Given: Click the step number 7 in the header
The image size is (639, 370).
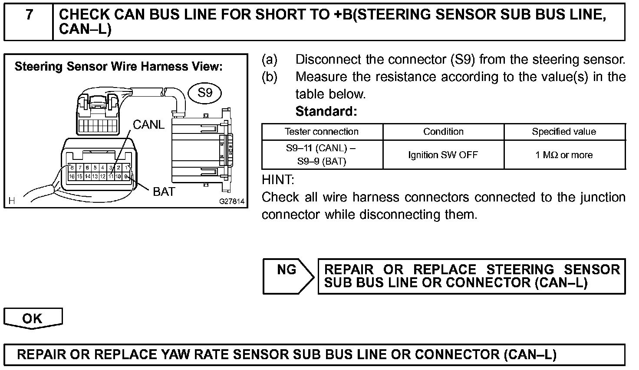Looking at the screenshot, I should pos(29,15).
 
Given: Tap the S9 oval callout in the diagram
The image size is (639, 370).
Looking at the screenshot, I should pos(205,93).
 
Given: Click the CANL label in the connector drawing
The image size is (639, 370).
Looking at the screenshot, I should pos(148,125).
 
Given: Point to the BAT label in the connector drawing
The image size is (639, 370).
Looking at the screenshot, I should pos(164,191).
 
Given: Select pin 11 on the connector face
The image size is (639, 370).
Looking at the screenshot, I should pos(111,176).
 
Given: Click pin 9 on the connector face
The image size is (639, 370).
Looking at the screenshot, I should pos(126,176).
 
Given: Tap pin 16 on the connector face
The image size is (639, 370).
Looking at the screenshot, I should pos(72,176).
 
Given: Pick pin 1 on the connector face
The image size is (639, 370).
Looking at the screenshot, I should pos(126,168).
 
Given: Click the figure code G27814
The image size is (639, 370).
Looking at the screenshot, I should pos(232,201).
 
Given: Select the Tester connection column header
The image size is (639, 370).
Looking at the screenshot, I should pos(322,132).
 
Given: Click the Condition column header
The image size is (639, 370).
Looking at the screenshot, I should pos(443,132).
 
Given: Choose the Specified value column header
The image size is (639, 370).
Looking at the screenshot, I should pos(564,132).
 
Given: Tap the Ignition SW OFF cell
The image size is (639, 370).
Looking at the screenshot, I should pos(443,155).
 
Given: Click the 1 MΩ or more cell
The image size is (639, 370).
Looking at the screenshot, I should pos(564,155).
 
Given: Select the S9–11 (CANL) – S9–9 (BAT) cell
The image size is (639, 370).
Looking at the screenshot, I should pos(322,155).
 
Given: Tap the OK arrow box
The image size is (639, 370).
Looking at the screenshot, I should pos(33,319).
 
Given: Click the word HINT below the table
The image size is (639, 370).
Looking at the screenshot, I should pos(278,179).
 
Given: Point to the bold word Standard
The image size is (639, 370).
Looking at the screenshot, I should pos(326,111).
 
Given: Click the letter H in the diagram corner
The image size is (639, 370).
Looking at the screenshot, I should pos(12,201).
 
